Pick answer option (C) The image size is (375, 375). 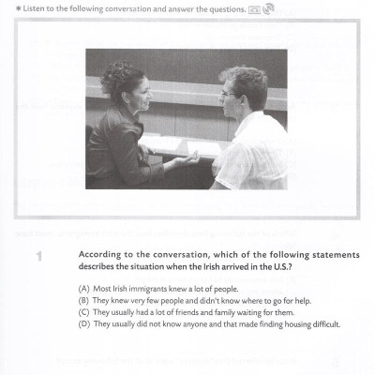click(x=85, y=313)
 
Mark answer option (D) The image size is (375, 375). click(x=85, y=325)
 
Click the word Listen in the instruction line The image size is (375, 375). click(x=33, y=8)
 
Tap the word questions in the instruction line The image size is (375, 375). click(x=218, y=8)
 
